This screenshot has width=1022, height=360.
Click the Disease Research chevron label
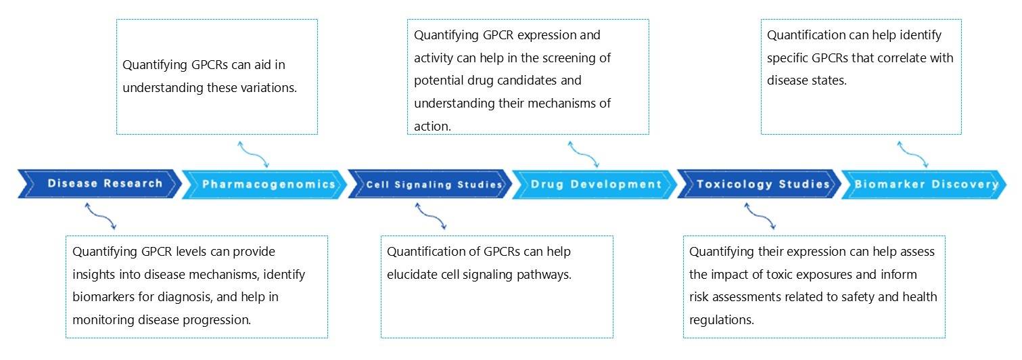(105, 183)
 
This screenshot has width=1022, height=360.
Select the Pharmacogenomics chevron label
(269, 184)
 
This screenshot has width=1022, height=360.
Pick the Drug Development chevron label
(596, 184)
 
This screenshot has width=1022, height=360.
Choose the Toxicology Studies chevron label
(763, 184)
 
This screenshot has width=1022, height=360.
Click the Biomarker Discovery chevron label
(926, 184)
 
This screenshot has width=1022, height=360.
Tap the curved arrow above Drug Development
(583, 154)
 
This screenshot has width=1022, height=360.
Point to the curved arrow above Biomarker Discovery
(912, 154)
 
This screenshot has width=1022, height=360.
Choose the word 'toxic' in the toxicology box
(789, 275)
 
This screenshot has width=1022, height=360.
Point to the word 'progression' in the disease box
(218, 320)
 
